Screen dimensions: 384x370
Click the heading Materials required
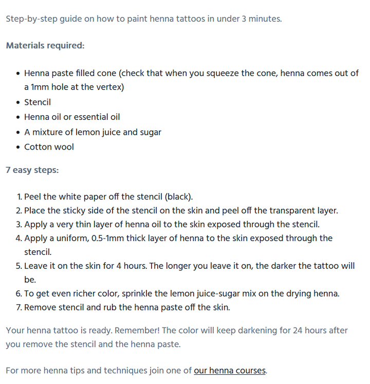click(45, 45)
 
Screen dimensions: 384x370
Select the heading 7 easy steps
click(32, 170)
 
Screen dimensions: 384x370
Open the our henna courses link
click(230, 370)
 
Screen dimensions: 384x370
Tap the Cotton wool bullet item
click(49, 147)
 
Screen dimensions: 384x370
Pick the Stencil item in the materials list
click(38, 102)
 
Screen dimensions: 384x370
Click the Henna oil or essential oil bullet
click(72, 117)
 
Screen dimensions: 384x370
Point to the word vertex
click(107, 87)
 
